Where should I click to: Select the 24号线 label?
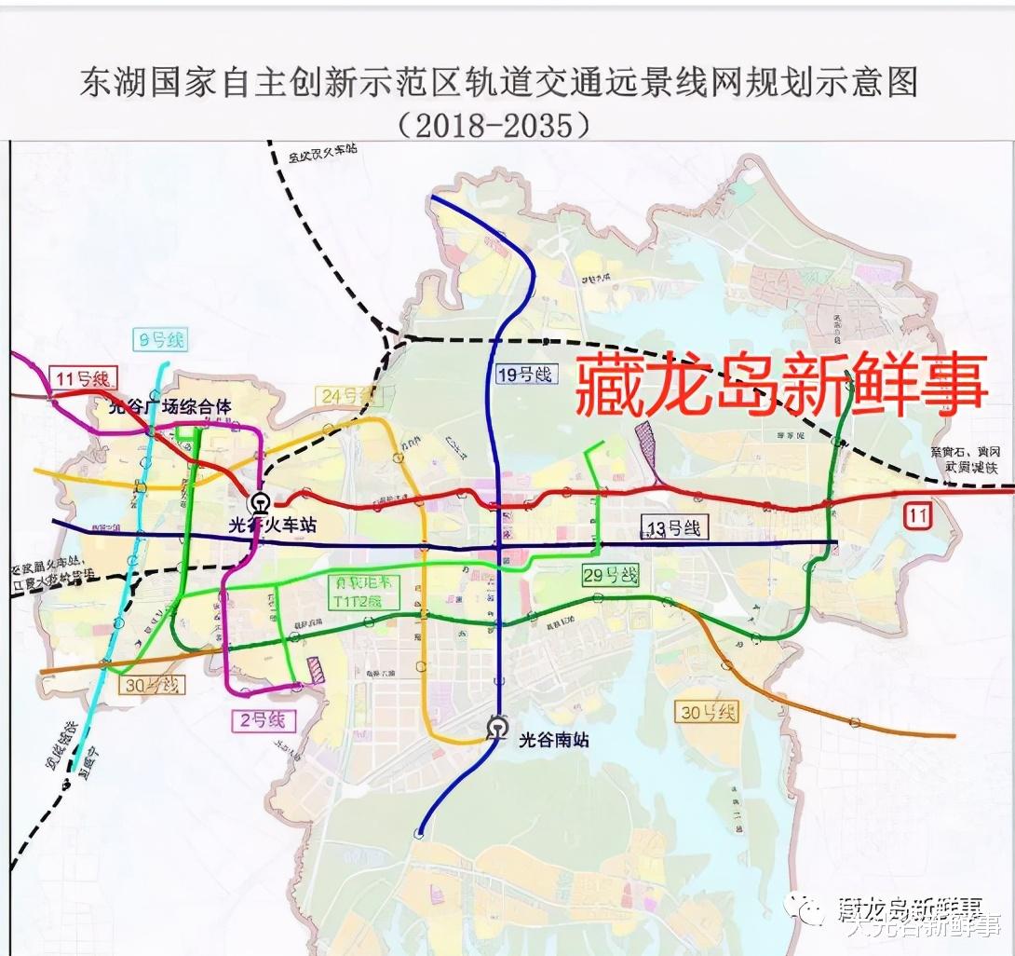(x=346, y=396)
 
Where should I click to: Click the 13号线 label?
(x=673, y=528)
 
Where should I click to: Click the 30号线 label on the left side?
(x=153, y=685)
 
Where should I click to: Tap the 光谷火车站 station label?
(x=279, y=526)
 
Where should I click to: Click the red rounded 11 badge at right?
(x=917, y=512)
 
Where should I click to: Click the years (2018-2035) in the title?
(x=493, y=124)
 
